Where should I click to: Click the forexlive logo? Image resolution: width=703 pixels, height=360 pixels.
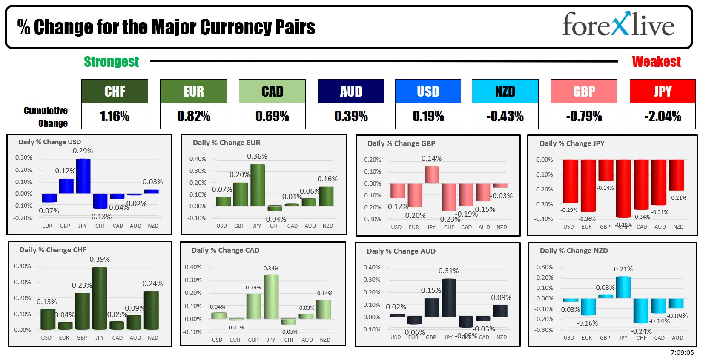coord(618,25)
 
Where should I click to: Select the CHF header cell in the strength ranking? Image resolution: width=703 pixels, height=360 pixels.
coord(115,91)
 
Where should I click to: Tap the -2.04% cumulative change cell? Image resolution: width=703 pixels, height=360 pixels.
coord(663,116)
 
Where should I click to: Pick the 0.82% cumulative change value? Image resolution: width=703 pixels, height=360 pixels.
coord(193,116)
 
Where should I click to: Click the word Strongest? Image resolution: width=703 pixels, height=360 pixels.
coord(111,62)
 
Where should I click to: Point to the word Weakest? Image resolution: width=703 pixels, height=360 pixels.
coord(656,62)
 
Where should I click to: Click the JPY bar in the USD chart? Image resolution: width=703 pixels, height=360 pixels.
coord(83,176)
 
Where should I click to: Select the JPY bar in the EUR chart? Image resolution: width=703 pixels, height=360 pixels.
coord(257,185)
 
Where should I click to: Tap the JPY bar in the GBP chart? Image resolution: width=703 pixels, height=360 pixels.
coord(431,175)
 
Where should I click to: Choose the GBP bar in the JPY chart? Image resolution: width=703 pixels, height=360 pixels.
coord(605,170)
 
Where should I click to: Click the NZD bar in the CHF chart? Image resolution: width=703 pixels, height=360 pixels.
coord(151,310)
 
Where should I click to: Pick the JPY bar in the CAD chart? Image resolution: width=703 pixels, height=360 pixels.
coord(271,297)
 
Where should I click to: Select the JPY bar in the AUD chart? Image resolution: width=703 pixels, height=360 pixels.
coord(448,297)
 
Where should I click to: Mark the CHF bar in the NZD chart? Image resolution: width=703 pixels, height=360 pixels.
coord(641,311)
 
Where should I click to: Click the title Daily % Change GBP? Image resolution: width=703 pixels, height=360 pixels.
coord(401,143)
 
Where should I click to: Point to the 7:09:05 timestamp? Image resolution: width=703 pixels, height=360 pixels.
coord(682,353)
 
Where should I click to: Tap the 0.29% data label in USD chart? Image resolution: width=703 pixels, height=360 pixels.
coord(83,151)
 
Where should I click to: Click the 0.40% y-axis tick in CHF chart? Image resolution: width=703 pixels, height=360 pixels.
coord(23,266)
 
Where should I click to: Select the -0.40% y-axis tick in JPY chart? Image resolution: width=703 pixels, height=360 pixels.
coord(544,219)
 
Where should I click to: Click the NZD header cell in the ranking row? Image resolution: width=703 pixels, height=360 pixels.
coord(505,91)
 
